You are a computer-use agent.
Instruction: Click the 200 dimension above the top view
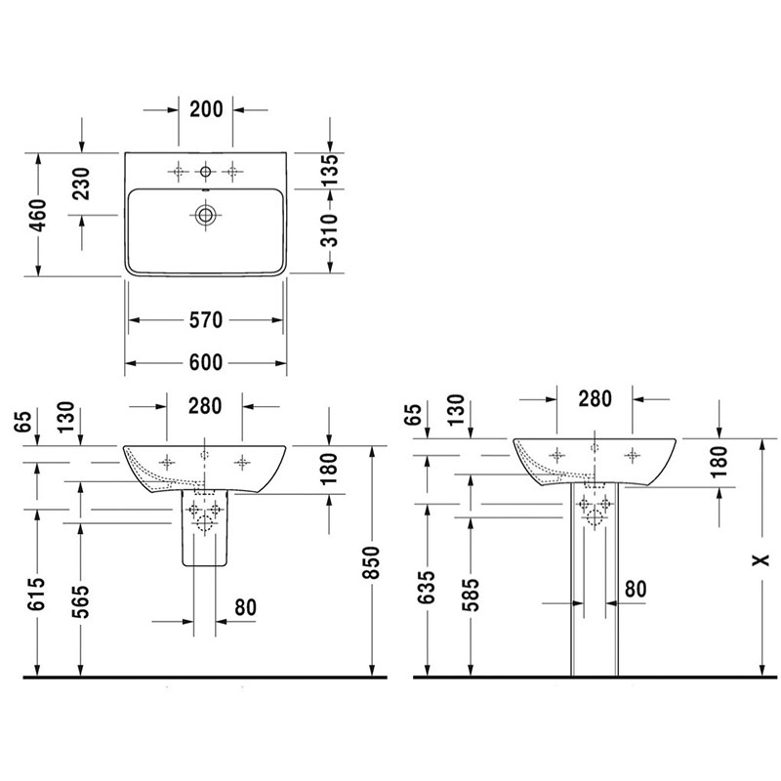pos(206,109)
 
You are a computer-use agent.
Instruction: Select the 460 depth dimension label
pos(38,215)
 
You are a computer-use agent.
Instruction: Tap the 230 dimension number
pos(81,184)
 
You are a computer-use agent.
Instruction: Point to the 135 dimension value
pos(329,170)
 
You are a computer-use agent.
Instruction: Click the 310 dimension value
pos(329,230)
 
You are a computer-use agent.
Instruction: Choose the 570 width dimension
pos(206,320)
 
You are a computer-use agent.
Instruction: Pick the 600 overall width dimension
pos(206,362)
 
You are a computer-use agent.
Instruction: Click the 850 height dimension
pos(372,562)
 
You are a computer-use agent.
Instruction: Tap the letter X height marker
pos(760,560)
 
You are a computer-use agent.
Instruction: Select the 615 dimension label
pos(38,595)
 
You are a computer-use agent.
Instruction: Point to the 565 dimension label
pos(81,601)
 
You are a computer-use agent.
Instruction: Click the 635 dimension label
pos(428,588)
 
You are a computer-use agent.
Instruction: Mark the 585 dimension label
pos(471,595)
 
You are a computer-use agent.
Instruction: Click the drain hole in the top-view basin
pos(205,215)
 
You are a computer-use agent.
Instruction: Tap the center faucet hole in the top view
pos(205,172)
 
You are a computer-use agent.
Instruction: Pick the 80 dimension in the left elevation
pos(246,607)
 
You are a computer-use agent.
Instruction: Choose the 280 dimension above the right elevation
pos(596,399)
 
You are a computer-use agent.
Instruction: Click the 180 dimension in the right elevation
pos(719,461)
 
